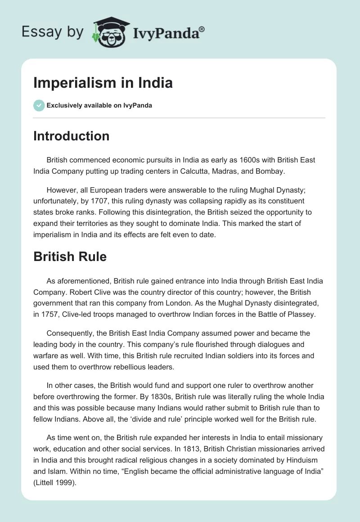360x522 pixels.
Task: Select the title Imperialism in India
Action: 103,83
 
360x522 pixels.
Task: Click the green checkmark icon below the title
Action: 39,105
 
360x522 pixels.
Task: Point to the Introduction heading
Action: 71,136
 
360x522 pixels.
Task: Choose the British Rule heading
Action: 70,256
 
